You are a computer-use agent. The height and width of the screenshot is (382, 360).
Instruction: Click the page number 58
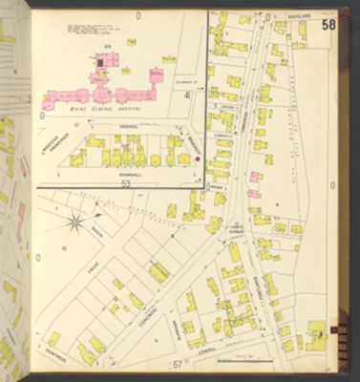click(x=328, y=24)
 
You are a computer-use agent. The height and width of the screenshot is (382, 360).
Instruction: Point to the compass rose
click(x=74, y=224)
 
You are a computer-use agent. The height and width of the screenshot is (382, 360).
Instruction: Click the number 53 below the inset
click(x=124, y=183)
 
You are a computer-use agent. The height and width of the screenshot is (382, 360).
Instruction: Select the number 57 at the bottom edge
click(x=178, y=366)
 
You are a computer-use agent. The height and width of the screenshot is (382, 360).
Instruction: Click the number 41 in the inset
click(x=189, y=95)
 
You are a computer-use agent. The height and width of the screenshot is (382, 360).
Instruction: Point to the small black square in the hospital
click(x=98, y=61)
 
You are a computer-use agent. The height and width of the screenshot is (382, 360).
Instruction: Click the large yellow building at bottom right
click(x=314, y=334)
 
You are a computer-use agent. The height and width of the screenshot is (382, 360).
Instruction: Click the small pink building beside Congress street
click(x=254, y=177)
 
